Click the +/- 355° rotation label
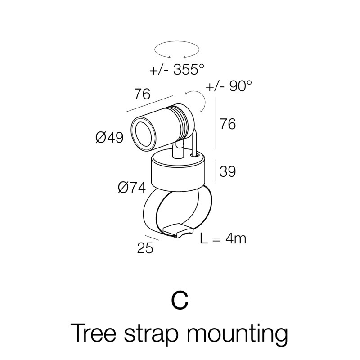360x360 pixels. pyautogui.click(x=177, y=69)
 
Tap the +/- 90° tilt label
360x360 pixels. pyautogui.click(x=229, y=86)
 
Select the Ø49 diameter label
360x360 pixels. pyautogui.click(x=109, y=138)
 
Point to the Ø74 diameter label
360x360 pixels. pyautogui.click(x=132, y=187)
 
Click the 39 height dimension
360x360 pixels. pyautogui.click(x=228, y=171)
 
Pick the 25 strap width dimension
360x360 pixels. pyautogui.click(x=145, y=248)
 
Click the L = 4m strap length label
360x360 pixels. pyautogui.click(x=223, y=238)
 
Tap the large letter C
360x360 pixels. pyautogui.click(x=180, y=301)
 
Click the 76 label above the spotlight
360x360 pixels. pyautogui.click(x=142, y=94)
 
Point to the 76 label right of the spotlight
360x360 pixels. pyautogui.click(x=228, y=124)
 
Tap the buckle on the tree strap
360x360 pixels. pyautogui.click(x=177, y=230)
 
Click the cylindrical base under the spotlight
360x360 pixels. pyautogui.click(x=177, y=172)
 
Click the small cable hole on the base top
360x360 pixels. pyautogui.click(x=195, y=156)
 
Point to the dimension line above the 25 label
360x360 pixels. pyautogui.click(x=152, y=238)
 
